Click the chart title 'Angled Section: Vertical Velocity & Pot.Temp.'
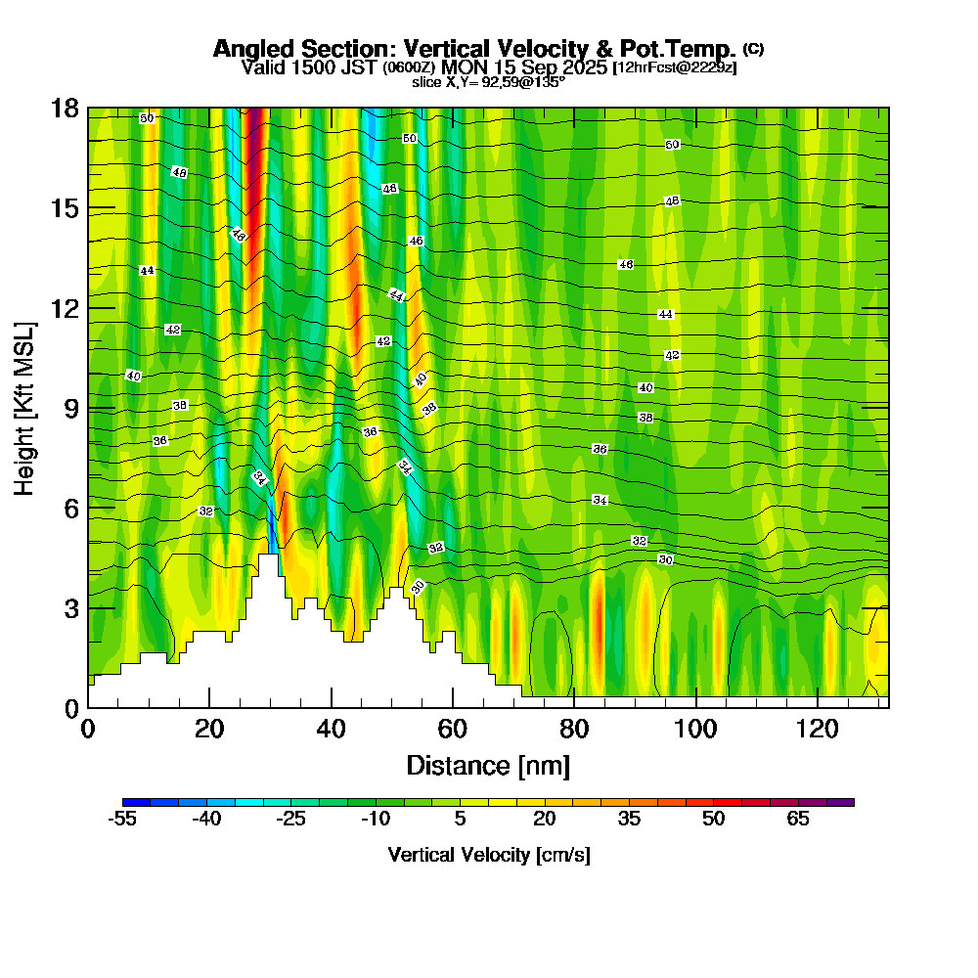pos(475,50)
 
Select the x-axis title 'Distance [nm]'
pos(488,765)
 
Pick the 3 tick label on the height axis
pos(70,607)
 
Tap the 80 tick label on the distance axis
pos(573,729)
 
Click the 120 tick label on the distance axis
pos(816,729)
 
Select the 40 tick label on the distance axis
pos(331,729)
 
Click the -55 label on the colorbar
pos(122,820)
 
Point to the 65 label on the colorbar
pos(798,820)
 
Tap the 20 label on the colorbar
pos(545,820)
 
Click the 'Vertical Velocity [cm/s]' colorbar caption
pos(488,855)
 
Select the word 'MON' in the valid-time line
pos(461,67)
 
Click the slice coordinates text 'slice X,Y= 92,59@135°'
pos(488,82)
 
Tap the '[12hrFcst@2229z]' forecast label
pos(674,67)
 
